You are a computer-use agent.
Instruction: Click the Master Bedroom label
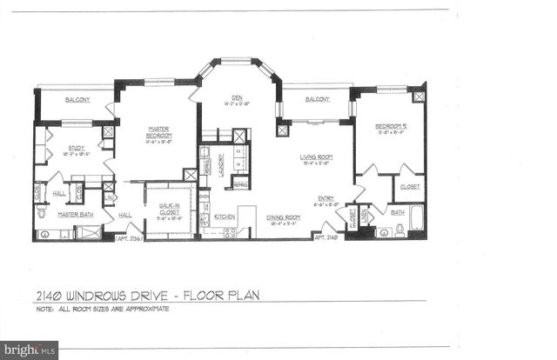[158, 133]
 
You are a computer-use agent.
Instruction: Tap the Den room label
[236, 97]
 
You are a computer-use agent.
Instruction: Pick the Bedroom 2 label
[390, 127]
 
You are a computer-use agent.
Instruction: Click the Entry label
[326, 197]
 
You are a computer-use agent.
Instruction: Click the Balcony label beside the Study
[77, 100]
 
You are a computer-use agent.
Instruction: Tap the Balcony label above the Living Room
[317, 100]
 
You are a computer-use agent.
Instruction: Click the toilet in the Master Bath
[41, 214]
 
